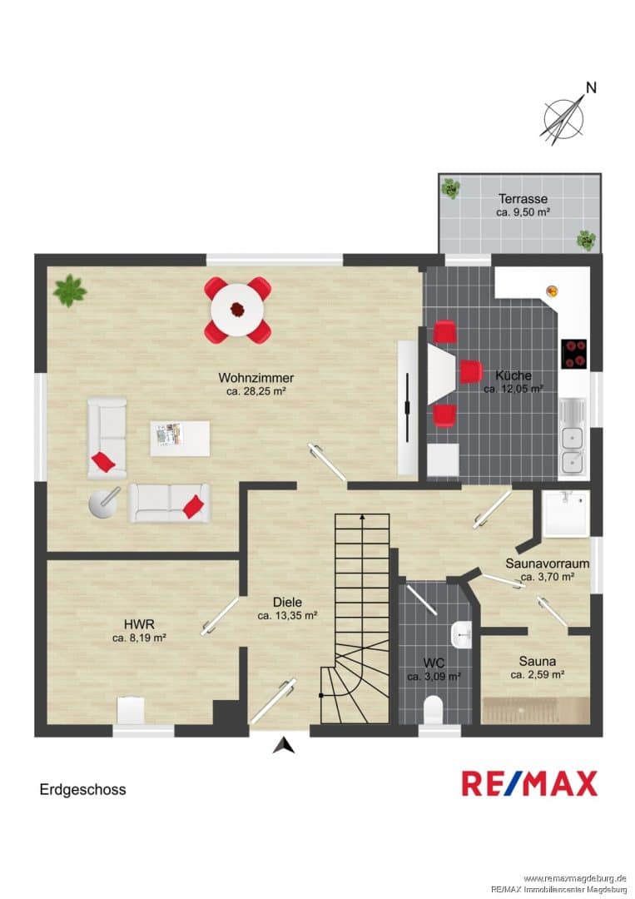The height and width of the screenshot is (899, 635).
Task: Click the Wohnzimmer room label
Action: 256,378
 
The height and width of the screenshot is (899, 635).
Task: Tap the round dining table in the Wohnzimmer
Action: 237,310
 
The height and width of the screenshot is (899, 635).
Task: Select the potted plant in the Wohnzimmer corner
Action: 69,291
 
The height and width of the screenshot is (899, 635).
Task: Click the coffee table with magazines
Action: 180,439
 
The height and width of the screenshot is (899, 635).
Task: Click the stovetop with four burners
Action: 573,353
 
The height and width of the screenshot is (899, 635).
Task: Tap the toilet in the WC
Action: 434,710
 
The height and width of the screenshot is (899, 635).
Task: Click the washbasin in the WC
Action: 461,635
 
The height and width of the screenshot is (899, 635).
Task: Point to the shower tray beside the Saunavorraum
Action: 566,513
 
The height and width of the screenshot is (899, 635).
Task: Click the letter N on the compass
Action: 591,87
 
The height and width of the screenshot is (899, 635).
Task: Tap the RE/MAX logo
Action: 529,784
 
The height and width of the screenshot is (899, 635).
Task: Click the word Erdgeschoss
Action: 82,789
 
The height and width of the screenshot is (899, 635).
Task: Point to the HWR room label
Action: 139,624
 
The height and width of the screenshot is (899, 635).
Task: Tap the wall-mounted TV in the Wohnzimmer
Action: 408,408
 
